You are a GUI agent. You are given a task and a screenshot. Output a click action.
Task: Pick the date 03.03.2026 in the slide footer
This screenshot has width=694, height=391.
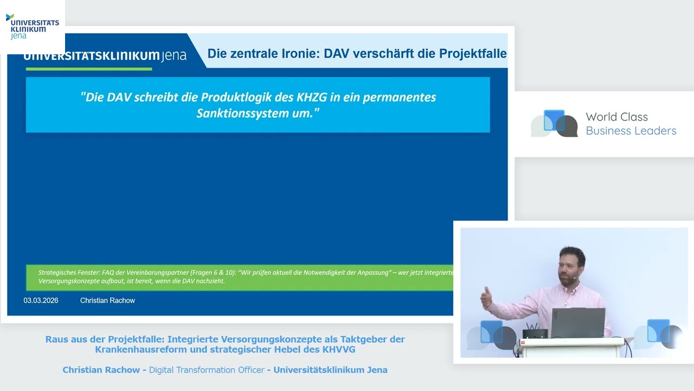pyautogui.click(x=41, y=300)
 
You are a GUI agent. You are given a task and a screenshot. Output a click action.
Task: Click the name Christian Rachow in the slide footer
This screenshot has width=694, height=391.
pyautogui.click(x=107, y=300)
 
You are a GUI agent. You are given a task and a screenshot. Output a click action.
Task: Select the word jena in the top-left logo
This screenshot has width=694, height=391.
pyautogui.click(x=18, y=36)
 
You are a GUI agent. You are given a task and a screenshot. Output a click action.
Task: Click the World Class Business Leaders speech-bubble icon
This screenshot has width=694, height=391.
pyautogui.click(x=554, y=123)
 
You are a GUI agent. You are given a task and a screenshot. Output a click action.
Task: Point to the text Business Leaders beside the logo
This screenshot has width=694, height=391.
pyautogui.click(x=631, y=131)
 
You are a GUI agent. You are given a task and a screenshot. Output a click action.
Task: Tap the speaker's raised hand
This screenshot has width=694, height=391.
pyautogui.click(x=485, y=296)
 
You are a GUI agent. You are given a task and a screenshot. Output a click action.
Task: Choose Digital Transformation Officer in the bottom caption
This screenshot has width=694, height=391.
pyautogui.click(x=207, y=370)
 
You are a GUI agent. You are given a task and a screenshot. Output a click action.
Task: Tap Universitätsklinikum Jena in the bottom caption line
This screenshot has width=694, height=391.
pyautogui.click(x=330, y=370)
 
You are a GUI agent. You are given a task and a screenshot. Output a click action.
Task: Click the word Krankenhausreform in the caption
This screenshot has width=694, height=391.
pyautogui.click(x=140, y=350)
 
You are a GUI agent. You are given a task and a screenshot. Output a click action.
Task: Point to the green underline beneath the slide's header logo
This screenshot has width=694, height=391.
pyautogui.click(x=89, y=69)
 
